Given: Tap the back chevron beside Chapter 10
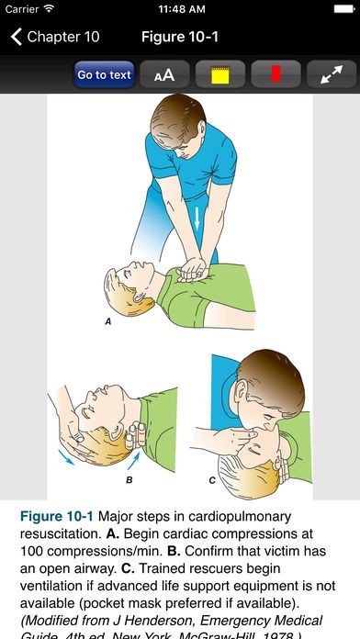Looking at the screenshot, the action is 17,37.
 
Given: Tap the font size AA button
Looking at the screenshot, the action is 164,74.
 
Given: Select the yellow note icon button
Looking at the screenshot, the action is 220,74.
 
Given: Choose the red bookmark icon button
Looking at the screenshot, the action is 276,74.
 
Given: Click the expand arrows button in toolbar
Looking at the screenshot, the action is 332,74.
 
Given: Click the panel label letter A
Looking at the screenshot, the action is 108,321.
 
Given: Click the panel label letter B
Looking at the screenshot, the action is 129,480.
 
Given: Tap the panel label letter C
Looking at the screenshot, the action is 212,481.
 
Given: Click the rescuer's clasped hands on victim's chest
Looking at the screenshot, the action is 192,270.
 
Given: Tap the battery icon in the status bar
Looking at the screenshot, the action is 344,9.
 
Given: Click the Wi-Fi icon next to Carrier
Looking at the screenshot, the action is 49,8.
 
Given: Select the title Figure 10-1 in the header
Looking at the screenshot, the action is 180,37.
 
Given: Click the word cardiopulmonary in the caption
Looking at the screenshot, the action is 240,516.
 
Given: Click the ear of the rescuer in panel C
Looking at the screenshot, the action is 242,392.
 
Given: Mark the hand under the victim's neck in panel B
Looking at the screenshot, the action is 135,436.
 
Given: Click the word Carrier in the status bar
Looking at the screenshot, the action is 22,9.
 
